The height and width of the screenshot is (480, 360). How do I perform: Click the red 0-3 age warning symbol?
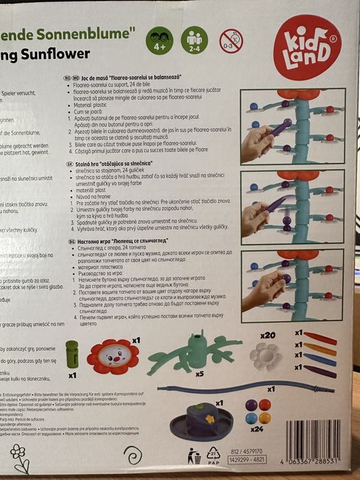click(230, 40)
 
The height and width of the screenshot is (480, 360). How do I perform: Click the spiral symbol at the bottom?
click(132, 455)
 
